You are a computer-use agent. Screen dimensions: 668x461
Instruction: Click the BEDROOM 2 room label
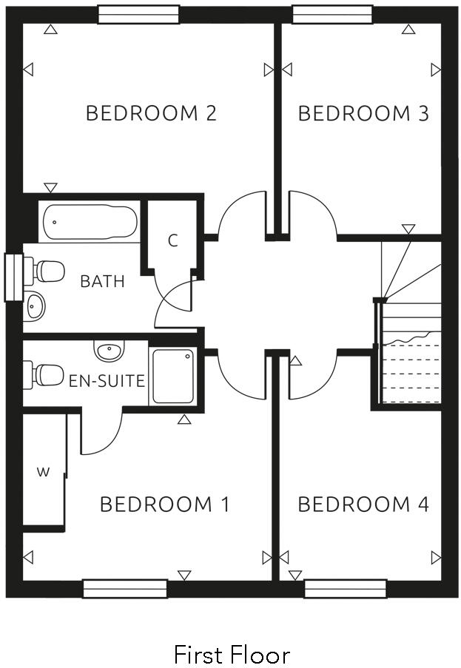(151, 113)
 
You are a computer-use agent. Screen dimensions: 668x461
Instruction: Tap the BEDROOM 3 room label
(363, 113)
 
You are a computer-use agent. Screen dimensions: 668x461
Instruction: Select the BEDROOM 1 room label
(164, 505)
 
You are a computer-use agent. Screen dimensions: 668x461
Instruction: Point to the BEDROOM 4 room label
(363, 505)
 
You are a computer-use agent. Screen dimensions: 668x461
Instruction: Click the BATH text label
(102, 281)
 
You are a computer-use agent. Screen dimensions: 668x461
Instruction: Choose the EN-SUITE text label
(107, 382)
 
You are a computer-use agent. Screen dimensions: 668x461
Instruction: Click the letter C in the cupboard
(172, 241)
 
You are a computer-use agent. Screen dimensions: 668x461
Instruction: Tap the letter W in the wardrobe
(43, 473)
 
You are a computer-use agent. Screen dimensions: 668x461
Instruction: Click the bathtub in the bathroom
(89, 222)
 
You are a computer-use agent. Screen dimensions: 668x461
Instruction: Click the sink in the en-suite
(110, 350)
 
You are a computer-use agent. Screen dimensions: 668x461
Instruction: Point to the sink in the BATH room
(34, 306)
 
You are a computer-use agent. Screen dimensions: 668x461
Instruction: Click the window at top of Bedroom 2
(138, 14)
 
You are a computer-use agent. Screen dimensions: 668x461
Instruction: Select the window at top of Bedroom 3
(332, 14)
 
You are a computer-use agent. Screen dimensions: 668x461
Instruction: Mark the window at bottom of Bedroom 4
(346, 589)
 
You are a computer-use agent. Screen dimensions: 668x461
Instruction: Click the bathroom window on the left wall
(13, 277)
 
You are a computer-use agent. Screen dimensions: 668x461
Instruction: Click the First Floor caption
(231, 654)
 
